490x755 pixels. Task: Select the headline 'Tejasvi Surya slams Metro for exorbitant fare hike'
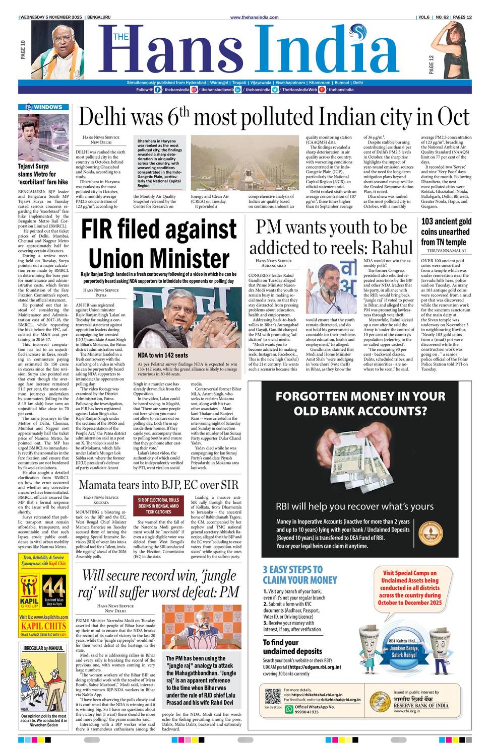tap(43, 174)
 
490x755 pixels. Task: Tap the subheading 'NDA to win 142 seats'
tap(163, 355)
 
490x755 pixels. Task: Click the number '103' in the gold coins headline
tap(427, 221)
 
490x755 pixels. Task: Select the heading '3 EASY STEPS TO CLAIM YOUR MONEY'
tap(299, 574)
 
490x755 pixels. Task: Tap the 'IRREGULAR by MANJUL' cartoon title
tap(43, 648)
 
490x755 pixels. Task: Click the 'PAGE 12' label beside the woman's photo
tap(431, 65)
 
